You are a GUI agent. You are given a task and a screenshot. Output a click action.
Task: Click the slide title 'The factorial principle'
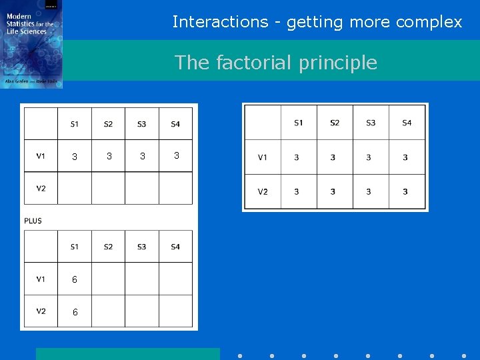click(275, 63)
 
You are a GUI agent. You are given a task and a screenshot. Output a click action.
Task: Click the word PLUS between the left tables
click(33, 221)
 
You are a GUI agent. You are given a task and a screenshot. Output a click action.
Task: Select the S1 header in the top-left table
click(74, 124)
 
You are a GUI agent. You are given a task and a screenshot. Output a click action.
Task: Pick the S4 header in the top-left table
click(175, 124)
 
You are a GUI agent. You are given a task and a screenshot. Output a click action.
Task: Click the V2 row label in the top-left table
click(41, 188)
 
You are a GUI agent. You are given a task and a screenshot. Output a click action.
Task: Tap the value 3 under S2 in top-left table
click(109, 156)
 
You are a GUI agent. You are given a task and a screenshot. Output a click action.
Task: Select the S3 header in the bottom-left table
click(141, 247)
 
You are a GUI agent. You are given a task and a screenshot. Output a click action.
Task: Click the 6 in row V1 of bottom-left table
click(75, 280)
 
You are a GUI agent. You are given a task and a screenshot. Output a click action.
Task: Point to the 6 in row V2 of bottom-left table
click(75, 312)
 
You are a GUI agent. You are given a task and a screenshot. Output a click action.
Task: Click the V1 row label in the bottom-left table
click(41, 279)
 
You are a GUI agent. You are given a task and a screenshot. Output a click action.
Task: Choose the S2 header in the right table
click(335, 123)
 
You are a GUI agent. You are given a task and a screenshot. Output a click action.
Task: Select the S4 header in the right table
click(407, 123)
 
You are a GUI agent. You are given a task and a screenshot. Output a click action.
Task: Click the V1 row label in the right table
click(263, 157)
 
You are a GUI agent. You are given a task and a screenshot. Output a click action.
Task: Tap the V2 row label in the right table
click(263, 192)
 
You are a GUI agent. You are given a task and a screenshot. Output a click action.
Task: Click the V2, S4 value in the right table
click(405, 192)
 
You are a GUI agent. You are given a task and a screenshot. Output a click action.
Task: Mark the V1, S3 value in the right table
click(369, 157)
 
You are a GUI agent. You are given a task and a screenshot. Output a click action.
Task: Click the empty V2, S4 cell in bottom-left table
click(175, 311)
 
